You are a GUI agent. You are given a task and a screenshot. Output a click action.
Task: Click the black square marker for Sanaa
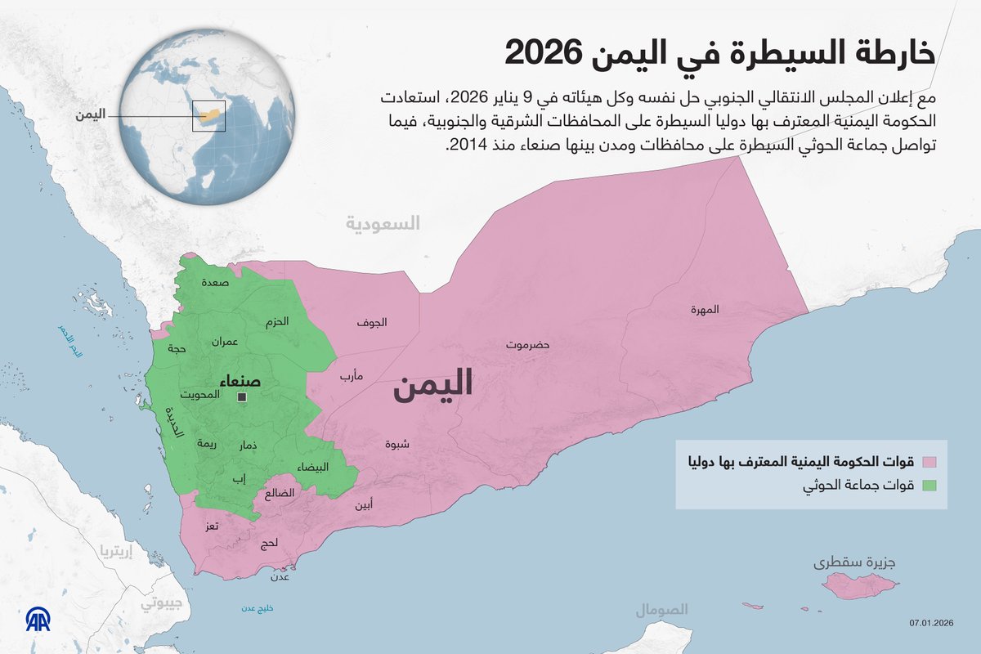point(242,397)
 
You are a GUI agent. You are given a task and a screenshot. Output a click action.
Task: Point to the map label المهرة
point(705,310)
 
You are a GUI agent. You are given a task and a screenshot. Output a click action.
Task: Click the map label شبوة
point(397,445)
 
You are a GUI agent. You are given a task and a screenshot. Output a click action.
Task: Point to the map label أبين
point(365,504)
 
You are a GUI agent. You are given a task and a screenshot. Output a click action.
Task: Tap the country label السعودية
point(383,223)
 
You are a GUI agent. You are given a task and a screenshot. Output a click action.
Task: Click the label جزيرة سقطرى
point(854,563)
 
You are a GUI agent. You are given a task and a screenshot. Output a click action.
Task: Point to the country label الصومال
point(663,610)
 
